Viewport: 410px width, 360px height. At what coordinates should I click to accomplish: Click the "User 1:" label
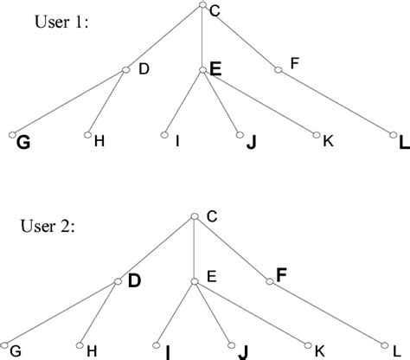click(61, 22)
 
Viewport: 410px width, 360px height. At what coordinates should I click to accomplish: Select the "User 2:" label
click(48, 226)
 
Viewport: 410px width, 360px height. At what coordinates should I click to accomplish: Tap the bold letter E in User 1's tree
click(215, 69)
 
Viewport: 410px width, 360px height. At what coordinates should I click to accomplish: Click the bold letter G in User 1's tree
click(23, 142)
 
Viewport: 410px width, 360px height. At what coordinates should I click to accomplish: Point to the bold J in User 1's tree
click(252, 142)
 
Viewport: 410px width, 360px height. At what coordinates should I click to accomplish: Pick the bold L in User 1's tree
click(405, 142)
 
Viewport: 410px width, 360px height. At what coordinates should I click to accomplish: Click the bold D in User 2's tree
click(134, 280)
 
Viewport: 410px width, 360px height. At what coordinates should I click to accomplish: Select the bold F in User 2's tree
click(281, 275)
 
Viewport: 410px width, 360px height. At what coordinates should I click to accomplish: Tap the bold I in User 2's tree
click(168, 352)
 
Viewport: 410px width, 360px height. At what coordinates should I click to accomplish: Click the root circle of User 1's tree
click(202, 4)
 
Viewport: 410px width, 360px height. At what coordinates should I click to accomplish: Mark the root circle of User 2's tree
click(195, 216)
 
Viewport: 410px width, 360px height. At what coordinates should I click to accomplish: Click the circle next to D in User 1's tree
click(126, 70)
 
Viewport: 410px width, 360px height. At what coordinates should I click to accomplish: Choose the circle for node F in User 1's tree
click(278, 70)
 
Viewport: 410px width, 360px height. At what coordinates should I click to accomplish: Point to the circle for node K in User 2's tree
click(308, 345)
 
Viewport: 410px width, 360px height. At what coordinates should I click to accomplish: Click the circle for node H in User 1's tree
click(87, 135)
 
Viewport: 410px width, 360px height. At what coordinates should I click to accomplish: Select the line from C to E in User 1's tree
click(202, 37)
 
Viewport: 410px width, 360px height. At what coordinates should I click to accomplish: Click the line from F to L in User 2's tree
click(327, 313)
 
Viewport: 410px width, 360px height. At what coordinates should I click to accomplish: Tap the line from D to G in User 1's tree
click(69, 102)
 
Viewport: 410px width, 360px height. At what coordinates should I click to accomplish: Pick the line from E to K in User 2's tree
click(252, 313)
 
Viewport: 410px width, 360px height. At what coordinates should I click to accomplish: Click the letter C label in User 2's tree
click(212, 216)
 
